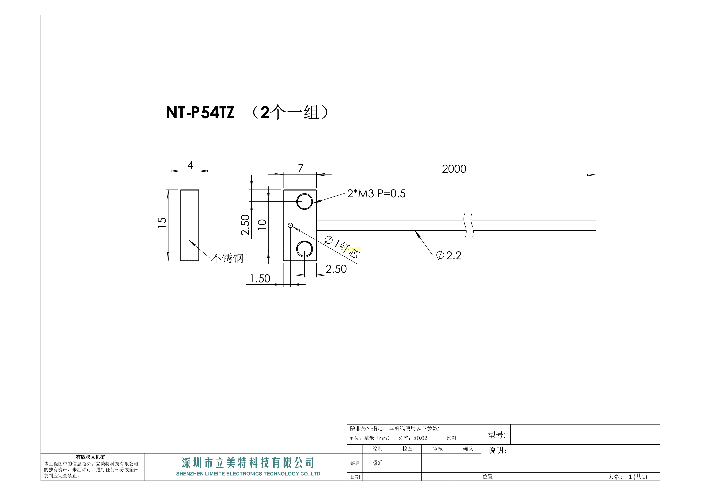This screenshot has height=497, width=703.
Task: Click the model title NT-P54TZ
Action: pos(200,112)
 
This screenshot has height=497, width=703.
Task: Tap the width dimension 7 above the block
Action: pos(300,168)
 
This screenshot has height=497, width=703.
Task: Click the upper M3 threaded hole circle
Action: pos(304,201)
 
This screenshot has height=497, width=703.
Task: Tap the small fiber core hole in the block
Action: pos(290,225)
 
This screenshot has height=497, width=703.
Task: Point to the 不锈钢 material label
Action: pos(227,258)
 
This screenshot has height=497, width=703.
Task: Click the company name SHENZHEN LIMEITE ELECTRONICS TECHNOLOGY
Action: pos(248,474)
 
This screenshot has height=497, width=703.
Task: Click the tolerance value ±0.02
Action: pos(420,438)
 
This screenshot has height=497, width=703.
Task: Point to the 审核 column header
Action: pos(437,449)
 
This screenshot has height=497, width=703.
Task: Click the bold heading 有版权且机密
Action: pos(90,457)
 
